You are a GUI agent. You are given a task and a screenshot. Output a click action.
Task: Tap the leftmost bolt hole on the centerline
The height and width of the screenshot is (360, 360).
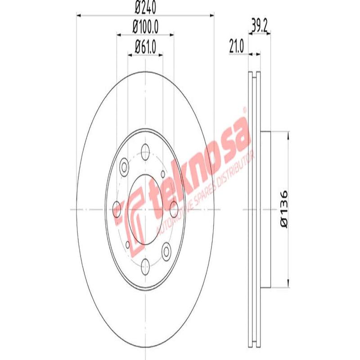click(x=117, y=209)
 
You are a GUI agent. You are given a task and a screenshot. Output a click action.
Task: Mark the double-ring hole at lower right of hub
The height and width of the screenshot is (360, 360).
click(x=166, y=250)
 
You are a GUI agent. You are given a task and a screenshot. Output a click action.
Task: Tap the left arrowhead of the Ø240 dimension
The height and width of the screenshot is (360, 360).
click(x=77, y=15)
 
